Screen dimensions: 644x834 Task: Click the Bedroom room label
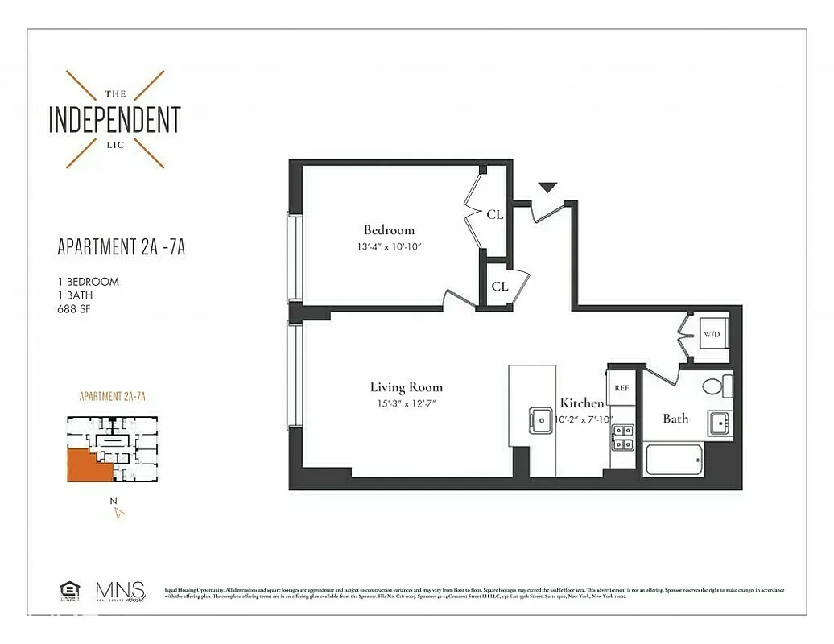coord(389,230)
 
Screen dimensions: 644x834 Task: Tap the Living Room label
coord(406,387)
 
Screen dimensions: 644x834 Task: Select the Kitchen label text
coord(582,402)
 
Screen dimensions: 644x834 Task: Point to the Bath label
coord(675,418)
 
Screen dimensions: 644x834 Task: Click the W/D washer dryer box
coord(711,334)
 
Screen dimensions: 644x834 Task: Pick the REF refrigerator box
coord(621,387)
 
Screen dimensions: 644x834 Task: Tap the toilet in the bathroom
coord(715,386)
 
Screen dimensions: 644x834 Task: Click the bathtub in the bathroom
coord(675,460)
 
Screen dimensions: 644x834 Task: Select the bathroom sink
coord(719,423)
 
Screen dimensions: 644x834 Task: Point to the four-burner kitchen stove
coord(621,436)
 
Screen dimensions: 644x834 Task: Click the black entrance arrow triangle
coord(547,188)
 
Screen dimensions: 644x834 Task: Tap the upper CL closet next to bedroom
coord(494,214)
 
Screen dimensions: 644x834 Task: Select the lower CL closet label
coord(499,286)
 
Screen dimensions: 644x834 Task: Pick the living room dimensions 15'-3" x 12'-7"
coord(406,402)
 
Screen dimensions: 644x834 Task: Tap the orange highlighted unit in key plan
coord(84,465)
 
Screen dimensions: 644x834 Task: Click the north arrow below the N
coord(119,513)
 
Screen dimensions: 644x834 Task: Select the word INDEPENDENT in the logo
coord(114,119)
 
